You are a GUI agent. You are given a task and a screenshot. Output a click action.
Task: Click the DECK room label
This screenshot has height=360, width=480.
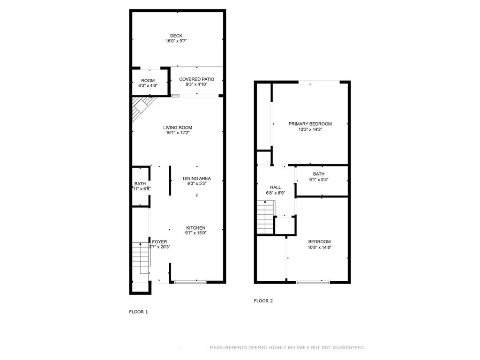(176, 36)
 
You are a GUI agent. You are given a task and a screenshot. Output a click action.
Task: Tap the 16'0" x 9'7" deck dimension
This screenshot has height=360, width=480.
(176, 41)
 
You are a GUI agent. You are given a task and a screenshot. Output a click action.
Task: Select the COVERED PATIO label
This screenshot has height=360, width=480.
(196, 79)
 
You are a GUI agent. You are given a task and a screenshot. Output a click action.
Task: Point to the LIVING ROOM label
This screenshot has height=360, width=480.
(178, 127)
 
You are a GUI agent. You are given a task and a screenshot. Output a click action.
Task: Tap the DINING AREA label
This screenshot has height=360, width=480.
(196, 178)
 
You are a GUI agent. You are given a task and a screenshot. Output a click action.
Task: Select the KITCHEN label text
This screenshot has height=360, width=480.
(195, 228)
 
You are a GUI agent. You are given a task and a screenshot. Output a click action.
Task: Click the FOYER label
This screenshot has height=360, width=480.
(159, 242)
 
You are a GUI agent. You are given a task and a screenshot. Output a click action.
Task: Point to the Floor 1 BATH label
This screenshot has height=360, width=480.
(140, 184)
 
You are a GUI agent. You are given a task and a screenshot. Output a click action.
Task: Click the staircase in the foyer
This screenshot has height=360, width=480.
(140, 256)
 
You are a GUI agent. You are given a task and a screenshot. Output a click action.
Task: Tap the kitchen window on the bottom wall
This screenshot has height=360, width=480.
(190, 282)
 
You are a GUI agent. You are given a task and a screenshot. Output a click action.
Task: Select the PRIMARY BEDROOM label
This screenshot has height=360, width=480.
(310, 124)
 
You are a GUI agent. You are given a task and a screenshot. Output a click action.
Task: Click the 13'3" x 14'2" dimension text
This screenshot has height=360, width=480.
(310, 129)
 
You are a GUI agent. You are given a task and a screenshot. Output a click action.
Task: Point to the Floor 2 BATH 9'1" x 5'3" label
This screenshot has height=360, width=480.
(319, 174)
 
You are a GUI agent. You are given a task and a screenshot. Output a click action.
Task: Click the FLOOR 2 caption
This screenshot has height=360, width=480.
(263, 301)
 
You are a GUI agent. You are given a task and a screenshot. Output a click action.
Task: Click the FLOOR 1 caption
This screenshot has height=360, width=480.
(138, 311)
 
